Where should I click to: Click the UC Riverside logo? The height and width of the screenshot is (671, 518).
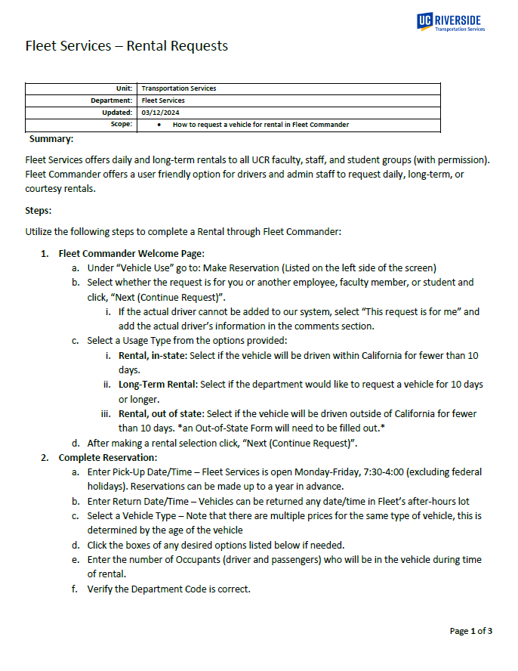[x=450, y=22]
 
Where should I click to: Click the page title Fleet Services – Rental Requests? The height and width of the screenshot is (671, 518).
[x=126, y=46]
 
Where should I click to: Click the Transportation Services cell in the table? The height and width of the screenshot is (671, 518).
[x=179, y=88]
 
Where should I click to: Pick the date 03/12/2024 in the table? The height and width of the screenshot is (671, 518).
[x=157, y=113]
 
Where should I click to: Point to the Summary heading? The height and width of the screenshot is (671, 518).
[x=51, y=139]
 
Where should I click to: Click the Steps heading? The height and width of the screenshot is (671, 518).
[x=39, y=209]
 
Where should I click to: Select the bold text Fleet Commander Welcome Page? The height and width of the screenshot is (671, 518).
[x=131, y=253]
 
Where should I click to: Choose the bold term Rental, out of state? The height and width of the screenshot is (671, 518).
[x=162, y=414]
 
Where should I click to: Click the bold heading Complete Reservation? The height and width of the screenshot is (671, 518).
[x=107, y=457]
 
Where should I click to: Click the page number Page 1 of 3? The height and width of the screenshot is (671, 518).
[x=471, y=631]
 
